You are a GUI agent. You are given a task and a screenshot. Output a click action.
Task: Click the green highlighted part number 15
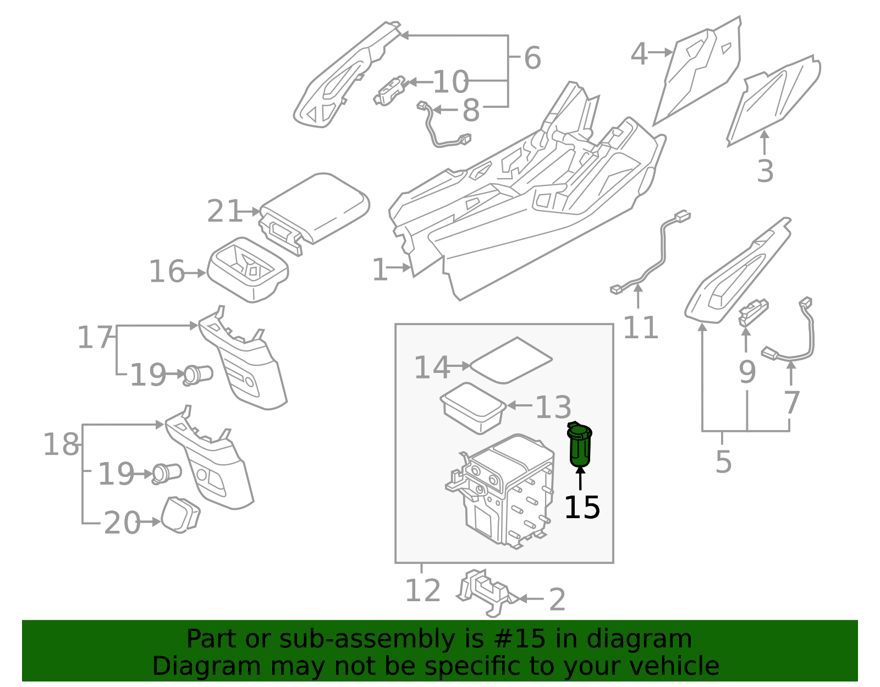pyautogui.click(x=579, y=446)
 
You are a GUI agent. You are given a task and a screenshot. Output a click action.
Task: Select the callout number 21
pyautogui.click(x=224, y=211)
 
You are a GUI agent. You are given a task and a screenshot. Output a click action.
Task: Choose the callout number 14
pyautogui.click(x=431, y=367)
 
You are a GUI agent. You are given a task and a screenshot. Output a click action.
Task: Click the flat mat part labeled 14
pyautogui.click(x=512, y=360)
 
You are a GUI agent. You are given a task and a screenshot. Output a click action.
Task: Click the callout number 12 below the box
pyautogui.click(x=422, y=591)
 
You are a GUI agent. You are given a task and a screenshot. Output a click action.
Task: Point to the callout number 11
pyautogui.click(x=640, y=328)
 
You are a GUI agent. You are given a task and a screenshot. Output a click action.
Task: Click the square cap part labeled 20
pyautogui.click(x=180, y=515)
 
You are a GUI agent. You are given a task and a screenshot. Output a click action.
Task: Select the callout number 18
pyautogui.click(x=61, y=444)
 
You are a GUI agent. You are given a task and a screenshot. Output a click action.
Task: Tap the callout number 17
pyautogui.click(x=94, y=337)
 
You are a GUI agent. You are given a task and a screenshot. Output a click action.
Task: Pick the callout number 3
pyautogui.click(x=765, y=171)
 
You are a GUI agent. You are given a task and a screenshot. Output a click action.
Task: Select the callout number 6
pyautogui.click(x=532, y=58)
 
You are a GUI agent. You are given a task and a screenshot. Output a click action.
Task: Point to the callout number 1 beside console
pyautogui.click(x=380, y=270)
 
